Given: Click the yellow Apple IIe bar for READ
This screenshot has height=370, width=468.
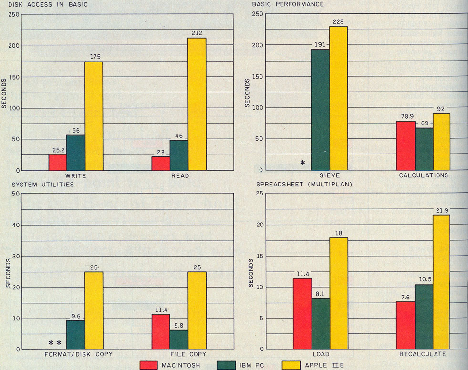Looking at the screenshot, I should (x=197, y=104).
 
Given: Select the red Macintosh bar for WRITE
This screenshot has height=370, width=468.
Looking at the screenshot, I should (x=58, y=162).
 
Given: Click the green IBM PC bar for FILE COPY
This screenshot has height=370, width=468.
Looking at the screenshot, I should (x=179, y=339).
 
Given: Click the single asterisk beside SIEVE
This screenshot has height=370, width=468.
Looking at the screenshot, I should (x=302, y=164).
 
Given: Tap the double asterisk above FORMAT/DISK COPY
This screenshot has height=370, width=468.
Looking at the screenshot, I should (x=55, y=343).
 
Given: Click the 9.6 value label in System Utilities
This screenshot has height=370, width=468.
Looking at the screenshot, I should (x=75, y=315).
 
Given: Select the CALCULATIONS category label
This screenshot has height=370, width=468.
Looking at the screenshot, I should (x=424, y=175).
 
